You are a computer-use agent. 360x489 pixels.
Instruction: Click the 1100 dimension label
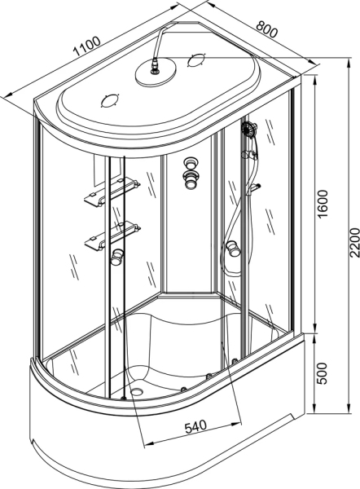tap(87, 46)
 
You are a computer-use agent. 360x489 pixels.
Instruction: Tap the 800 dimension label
tap(267, 29)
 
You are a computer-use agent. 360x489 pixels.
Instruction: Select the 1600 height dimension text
tap(323, 204)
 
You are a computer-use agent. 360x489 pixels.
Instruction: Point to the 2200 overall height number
tap(354, 243)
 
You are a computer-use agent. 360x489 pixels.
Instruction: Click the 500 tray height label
tap(322, 373)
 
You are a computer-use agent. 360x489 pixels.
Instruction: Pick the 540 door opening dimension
tap(195, 426)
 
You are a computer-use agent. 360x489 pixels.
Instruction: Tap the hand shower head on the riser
tap(249, 128)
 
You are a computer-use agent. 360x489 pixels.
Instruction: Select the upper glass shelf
tap(112, 192)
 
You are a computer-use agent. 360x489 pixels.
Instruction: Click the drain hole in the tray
tap(137, 390)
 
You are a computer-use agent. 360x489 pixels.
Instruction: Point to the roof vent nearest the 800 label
tap(196, 59)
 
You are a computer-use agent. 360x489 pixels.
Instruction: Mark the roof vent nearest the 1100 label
tap(110, 100)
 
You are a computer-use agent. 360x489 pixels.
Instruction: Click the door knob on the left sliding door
tap(117, 257)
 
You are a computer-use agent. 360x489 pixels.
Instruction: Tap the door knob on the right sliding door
tap(233, 249)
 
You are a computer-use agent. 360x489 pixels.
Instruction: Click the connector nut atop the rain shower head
tap(154, 67)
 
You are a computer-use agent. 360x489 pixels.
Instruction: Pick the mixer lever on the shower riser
tap(254, 188)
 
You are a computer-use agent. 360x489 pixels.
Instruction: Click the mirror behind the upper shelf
tap(107, 170)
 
